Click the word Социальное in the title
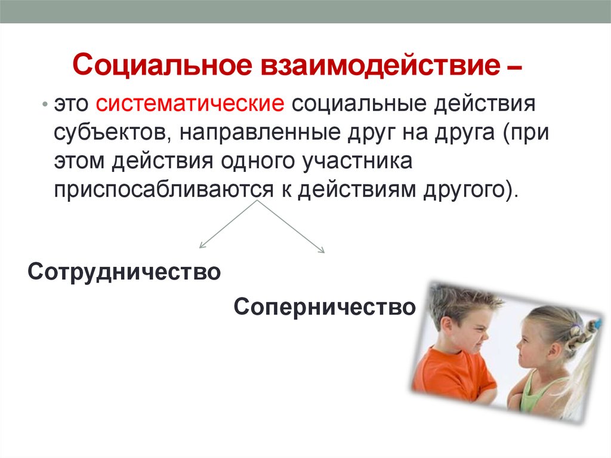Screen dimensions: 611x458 tap(162, 66)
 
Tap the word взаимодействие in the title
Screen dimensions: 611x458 tap(380, 64)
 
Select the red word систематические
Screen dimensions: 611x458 tap(190, 104)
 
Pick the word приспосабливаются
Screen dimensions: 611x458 tap(163, 190)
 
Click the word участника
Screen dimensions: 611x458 tap(358, 161)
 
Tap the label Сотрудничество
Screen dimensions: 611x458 tap(124, 272)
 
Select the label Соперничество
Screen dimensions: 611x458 tap(325, 306)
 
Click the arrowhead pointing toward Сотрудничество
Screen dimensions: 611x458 tap(202, 245)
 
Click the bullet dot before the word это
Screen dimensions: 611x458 tap(45, 104)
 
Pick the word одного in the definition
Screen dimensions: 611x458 tap(257, 161)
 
